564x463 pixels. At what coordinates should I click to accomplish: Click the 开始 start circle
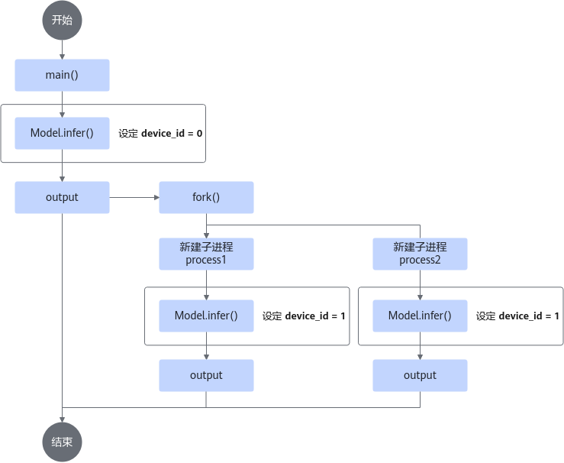coord(62,20)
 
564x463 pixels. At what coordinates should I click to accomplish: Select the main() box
coord(62,75)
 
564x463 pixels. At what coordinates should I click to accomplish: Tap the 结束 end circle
coord(62,442)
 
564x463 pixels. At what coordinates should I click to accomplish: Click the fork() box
coord(206,197)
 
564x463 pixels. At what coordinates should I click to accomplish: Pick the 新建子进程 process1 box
coord(206,254)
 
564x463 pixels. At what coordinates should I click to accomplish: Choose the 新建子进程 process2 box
coord(420,254)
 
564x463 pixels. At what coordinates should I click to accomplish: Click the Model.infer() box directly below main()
coord(62,133)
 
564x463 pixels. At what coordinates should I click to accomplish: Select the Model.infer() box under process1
coord(206,316)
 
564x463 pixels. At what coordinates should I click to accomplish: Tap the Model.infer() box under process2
coord(420,316)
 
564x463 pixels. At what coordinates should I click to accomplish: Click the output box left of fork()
coord(62,197)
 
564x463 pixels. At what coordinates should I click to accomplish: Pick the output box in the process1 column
coord(206,375)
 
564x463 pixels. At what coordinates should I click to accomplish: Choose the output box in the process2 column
coord(420,375)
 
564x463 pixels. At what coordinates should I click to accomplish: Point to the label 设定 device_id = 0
coord(160,134)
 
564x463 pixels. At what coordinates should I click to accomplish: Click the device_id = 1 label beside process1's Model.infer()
coord(304,316)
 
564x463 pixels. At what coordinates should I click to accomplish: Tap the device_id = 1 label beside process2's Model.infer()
coord(517,316)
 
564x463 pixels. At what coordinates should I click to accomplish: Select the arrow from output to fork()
coord(134,197)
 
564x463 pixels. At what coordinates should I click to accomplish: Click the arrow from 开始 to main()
coord(62,50)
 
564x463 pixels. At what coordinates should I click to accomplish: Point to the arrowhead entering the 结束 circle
coord(62,419)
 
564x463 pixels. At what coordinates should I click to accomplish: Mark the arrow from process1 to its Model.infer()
coord(206,285)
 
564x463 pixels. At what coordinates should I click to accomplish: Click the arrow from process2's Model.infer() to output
coord(420,345)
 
